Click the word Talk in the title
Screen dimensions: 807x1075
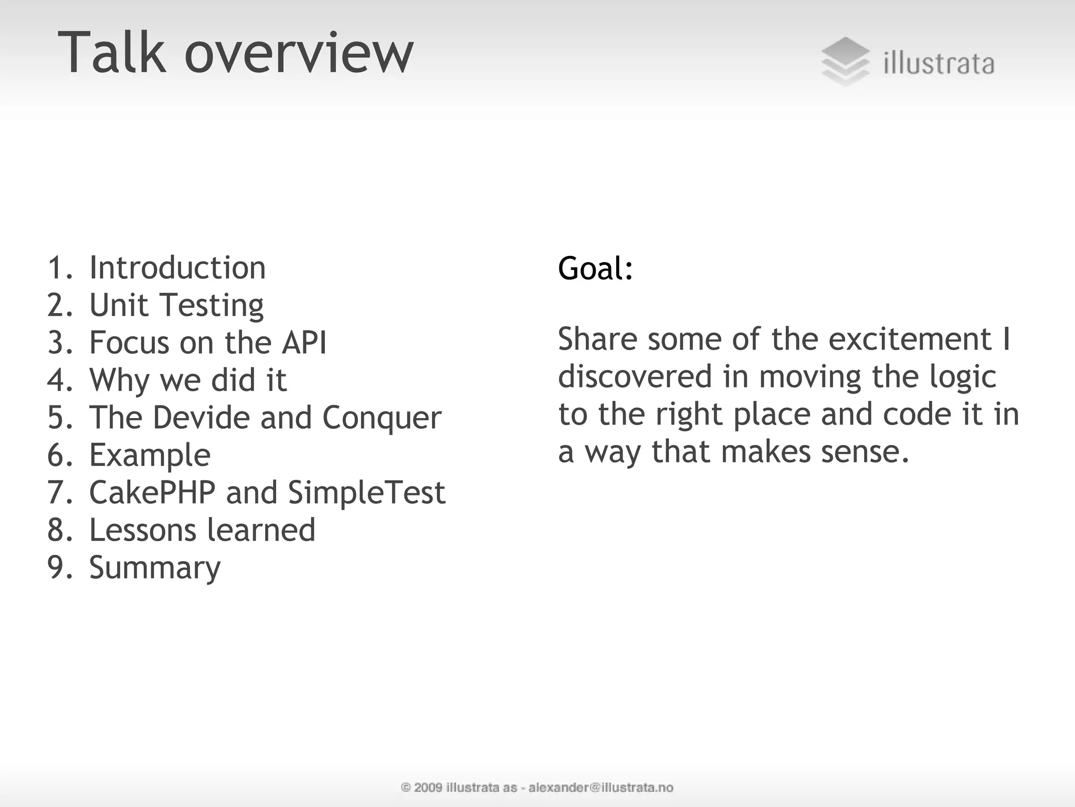click(x=111, y=53)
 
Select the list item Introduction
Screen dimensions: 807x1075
click(x=177, y=267)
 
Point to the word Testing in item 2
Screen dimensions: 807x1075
click(x=212, y=306)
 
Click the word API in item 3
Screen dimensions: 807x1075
click(x=304, y=343)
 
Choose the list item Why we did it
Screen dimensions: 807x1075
click(x=187, y=380)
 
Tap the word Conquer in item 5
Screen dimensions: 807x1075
click(x=382, y=418)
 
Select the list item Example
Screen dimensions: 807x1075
click(x=150, y=456)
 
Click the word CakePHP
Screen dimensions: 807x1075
click(x=152, y=492)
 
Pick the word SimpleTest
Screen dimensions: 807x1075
click(x=366, y=493)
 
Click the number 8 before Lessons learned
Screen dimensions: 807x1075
click(x=56, y=530)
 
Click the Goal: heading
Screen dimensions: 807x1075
click(x=595, y=268)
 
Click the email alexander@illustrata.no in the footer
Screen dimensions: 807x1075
click(x=600, y=787)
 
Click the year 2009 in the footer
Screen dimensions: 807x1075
click(x=428, y=787)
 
